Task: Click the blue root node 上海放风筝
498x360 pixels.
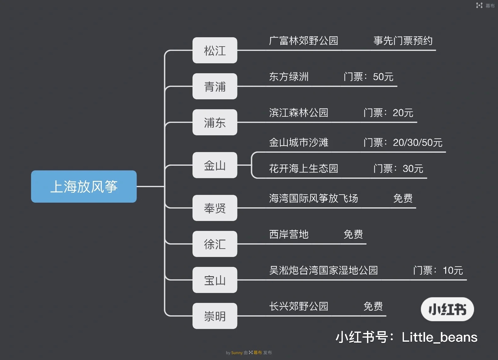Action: [x=84, y=187]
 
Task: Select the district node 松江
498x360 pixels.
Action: [x=215, y=51]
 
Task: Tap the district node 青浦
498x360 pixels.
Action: [x=215, y=87]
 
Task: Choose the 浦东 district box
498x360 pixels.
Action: [x=215, y=123]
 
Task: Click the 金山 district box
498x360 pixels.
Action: [x=215, y=165]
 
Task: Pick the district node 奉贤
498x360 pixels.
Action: [x=215, y=208]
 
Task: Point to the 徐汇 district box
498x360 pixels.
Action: [x=215, y=244]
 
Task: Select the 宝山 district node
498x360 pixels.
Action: [x=215, y=280]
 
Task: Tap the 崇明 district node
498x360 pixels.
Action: [x=215, y=316]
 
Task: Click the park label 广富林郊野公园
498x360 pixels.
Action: [x=303, y=41]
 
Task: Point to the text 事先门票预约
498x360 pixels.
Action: [x=403, y=41]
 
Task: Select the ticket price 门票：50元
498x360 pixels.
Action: [x=368, y=77]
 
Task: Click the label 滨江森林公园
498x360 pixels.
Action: [x=298, y=113]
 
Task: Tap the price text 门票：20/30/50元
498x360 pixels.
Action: [x=403, y=142]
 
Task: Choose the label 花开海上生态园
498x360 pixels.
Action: [x=303, y=169]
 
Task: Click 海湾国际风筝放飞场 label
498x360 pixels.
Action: [x=313, y=198]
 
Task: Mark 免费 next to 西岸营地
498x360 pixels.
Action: [x=353, y=234]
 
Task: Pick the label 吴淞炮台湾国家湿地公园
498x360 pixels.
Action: [x=323, y=270]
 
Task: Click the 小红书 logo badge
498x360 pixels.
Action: [x=447, y=309]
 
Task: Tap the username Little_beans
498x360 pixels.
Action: [x=439, y=337]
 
